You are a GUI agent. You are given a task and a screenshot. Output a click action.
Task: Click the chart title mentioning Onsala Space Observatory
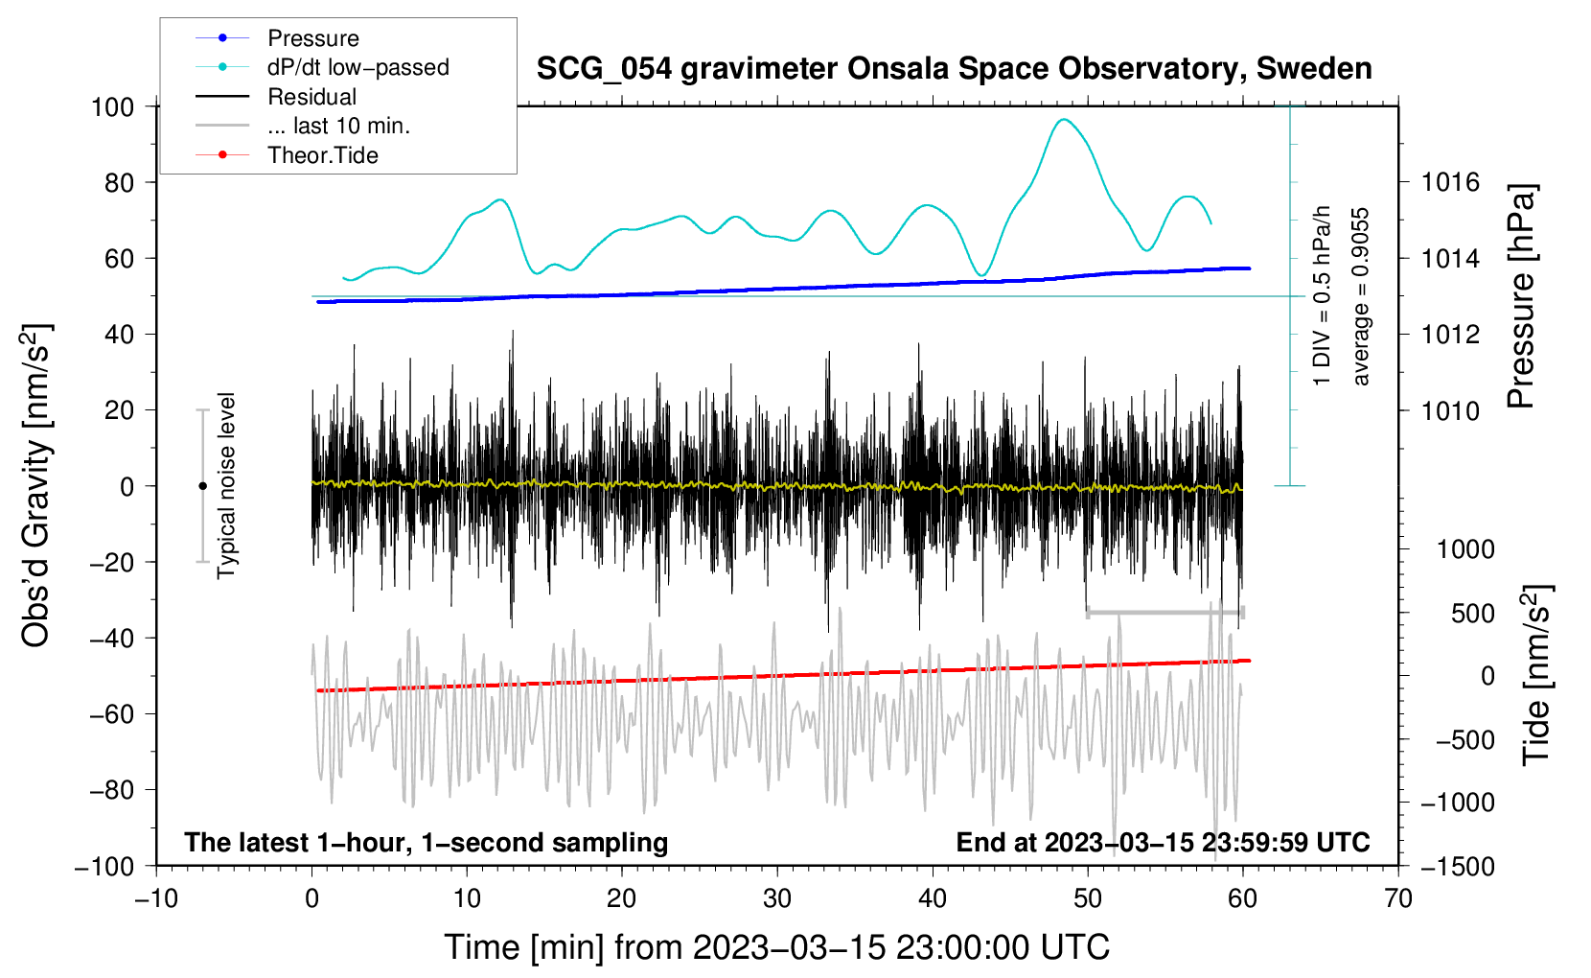tap(954, 69)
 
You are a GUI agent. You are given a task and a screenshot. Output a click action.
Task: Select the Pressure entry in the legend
tap(312, 38)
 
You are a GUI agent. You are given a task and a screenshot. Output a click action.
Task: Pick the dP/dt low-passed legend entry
tap(357, 67)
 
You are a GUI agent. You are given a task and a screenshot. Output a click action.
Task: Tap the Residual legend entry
tap(311, 97)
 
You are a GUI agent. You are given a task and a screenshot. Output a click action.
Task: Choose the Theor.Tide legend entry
tap(322, 155)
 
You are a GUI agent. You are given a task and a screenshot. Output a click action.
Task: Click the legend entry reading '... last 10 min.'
tap(338, 126)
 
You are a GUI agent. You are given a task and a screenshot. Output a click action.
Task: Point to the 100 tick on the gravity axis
tap(112, 106)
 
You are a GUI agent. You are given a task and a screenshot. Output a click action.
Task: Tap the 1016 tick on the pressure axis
tap(1450, 182)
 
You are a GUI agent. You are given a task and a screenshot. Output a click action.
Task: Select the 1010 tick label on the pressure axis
tap(1450, 411)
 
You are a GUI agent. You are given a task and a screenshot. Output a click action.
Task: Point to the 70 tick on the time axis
tap(1398, 898)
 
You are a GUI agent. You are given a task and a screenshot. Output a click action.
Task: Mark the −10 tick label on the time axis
tap(156, 898)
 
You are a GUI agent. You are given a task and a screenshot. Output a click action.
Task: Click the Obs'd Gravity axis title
tap(35, 485)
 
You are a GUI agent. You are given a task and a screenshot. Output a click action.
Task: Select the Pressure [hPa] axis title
tap(1521, 296)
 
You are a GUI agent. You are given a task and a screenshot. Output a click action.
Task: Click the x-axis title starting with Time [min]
tap(776, 947)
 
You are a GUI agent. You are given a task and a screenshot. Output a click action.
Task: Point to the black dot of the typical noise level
tap(202, 486)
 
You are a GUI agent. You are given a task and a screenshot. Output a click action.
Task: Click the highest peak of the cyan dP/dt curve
tap(1062, 120)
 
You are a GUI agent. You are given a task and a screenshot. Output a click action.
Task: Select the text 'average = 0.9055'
tap(1360, 297)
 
